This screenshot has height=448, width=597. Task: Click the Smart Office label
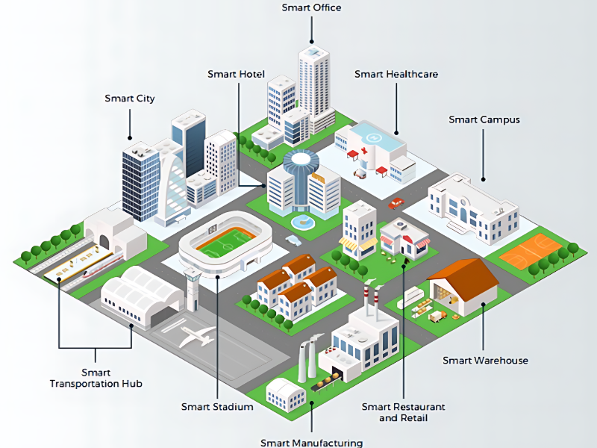pos(311,8)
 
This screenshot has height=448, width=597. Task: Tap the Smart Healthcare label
pos(396,74)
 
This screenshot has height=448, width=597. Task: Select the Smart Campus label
pos(484,119)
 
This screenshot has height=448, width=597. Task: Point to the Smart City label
pos(130,99)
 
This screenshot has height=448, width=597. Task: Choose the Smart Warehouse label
pos(485,361)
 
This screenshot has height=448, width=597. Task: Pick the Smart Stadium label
pos(217,407)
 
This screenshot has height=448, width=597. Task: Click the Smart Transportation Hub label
pos(96,378)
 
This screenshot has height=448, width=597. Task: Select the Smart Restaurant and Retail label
pos(403,412)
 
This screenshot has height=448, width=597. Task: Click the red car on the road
pos(396,203)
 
